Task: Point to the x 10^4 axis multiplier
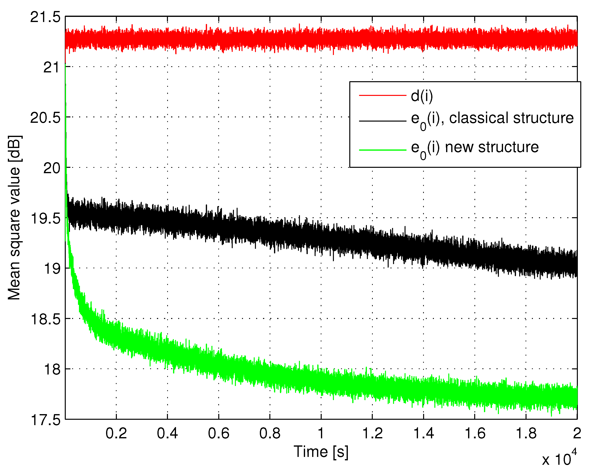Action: [560, 458]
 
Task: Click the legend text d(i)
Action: [422, 96]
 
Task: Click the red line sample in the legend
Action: [383, 95]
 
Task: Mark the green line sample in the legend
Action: [383, 150]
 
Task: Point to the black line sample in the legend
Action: [383, 121]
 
